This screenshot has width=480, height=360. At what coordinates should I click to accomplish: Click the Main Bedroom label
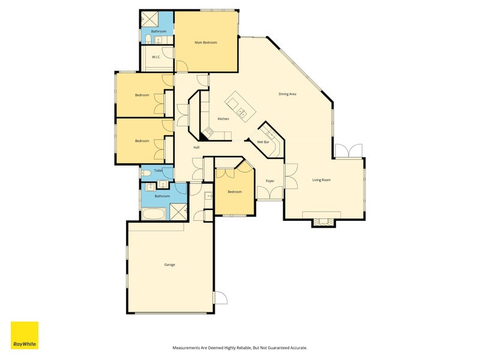pos(206,43)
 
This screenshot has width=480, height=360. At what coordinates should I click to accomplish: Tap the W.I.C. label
pos(156,57)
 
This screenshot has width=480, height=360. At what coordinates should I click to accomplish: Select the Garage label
pos(170,265)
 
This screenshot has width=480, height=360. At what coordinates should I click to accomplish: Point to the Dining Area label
pos(287,94)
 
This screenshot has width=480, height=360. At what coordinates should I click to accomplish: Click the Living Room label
pos(322,180)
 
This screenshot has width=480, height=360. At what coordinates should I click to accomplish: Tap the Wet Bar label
pos(263,142)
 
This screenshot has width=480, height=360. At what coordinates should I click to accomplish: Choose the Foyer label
pos(270,181)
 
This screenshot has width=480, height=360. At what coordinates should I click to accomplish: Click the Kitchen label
pos(223,119)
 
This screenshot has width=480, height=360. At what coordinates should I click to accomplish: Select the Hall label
pos(197,148)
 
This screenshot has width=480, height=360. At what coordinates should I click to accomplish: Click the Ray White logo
pos(25,335)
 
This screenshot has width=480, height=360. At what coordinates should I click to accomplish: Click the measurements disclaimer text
pos(240,348)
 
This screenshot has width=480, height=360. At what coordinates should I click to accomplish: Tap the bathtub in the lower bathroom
pos(154,214)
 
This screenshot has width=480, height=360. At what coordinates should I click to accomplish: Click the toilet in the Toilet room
pos(146,173)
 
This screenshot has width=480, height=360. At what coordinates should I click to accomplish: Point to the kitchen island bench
pos(241,107)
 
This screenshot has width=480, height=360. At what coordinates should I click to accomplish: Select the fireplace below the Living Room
pos(323,222)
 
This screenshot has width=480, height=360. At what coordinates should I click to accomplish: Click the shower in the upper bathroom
pos(149,19)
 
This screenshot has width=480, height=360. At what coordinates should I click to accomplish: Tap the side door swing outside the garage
pos(220,297)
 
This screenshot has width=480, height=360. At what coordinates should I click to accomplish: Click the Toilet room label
pos(158,170)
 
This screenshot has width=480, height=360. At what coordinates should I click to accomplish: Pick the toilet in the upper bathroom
pos(148,40)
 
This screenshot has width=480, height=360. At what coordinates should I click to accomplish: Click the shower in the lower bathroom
pos(178,212)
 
